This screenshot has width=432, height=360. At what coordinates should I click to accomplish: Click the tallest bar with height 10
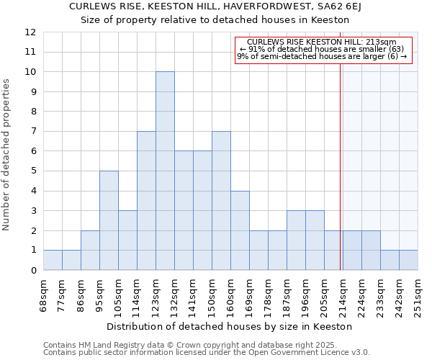point(165,171)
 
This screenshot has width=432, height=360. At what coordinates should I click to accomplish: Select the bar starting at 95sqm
point(109,220)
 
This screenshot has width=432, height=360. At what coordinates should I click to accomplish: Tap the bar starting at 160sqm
point(240,230)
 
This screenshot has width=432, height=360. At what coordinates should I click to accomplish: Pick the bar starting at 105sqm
point(127,240)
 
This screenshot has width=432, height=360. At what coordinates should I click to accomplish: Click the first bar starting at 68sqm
point(53,260)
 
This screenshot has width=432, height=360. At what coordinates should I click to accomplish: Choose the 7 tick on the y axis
point(32,132)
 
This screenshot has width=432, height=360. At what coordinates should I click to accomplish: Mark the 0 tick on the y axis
point(32,270)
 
